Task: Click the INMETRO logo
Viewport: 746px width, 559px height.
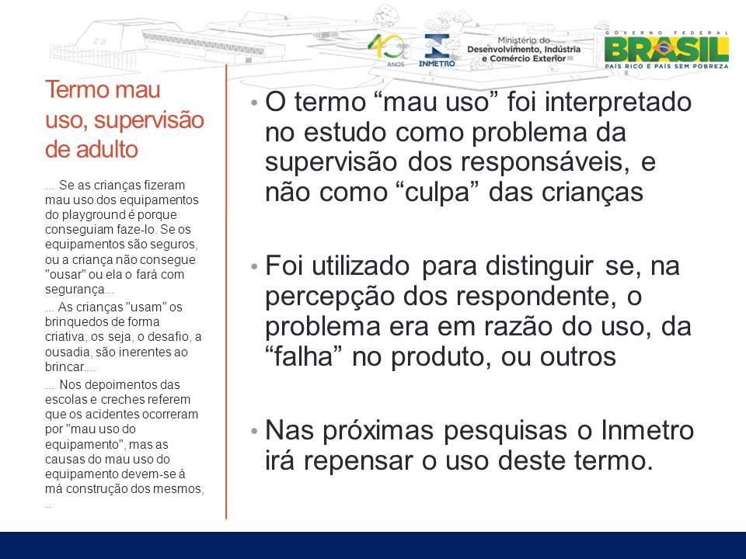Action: (x=437, y=50)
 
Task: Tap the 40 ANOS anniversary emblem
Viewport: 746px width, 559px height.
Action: (x=387, y=50)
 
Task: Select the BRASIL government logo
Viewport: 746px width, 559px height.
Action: (x=666, y=50)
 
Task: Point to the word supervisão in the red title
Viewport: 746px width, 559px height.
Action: (x=149, y=120)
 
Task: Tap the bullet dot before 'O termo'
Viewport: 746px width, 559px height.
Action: (x=255, y=102)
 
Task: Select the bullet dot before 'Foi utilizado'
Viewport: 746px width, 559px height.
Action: (x=255, y=266)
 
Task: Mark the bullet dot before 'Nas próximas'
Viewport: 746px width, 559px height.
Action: (x=255, y=431)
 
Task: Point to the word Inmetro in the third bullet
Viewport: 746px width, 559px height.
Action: (x=647, y=431)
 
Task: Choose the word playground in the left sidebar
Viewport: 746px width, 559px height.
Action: (x=89, y=215)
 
